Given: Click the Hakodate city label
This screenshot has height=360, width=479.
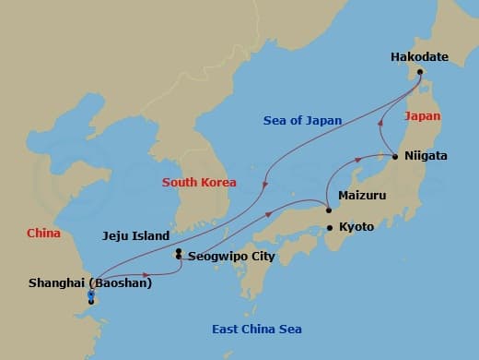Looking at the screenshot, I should click(419, 57).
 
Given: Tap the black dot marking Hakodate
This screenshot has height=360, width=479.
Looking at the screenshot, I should click(419, 72).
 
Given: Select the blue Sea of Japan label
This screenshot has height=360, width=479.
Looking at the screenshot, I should click(302, 120).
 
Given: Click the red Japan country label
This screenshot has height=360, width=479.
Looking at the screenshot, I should click(422, 116).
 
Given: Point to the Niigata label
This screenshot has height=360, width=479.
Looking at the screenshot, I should click(426, 156).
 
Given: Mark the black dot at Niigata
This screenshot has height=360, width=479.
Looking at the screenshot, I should click(395, 157).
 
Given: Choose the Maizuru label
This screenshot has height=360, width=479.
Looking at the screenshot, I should click(362, 197).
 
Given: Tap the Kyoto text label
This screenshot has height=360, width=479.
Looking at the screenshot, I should click(356, 226).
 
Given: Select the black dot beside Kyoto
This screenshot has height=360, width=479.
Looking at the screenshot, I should click(329, 227).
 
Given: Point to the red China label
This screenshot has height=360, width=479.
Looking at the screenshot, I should click(43, 234).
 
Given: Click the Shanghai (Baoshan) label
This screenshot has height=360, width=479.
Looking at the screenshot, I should click(90, 282).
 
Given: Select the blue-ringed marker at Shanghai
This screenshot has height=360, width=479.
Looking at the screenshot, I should click(90, 295).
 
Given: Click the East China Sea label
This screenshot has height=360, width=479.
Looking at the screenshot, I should click(256, 330).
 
